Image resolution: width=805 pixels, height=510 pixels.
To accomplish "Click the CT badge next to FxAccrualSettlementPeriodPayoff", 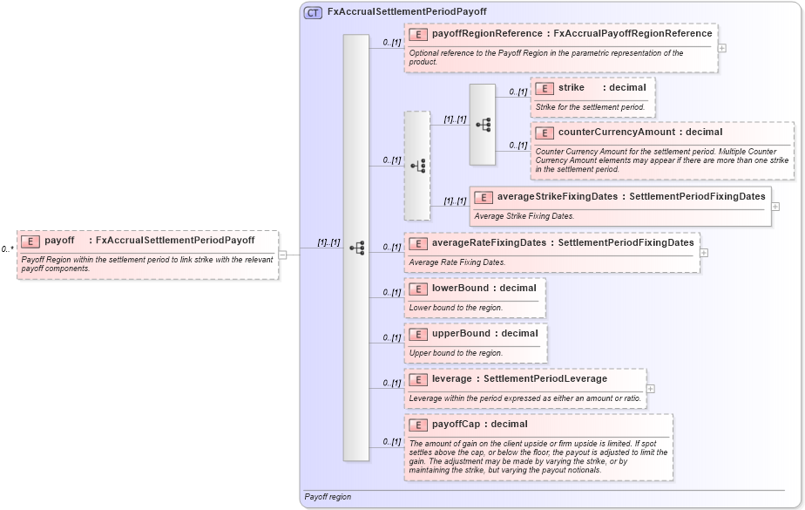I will tap(313, 12).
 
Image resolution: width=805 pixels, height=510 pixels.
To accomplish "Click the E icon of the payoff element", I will tap(30, 241).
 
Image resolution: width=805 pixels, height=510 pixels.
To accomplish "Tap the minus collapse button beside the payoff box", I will tap(283, 255).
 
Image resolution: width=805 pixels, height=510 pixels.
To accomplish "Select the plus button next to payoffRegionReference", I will tap(722, 47).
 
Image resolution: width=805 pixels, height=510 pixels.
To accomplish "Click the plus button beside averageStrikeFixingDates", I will tap(775, 207).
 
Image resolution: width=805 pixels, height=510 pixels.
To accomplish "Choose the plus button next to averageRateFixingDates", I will tap(704, 253).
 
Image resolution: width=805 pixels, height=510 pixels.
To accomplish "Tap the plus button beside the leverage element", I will tap(651, 389).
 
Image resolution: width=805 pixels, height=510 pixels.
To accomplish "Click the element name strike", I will tap(572, 87).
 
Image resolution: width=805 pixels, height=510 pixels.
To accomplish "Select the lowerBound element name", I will tap(460, 288).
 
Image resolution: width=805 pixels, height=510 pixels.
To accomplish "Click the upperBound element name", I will tap(461, 333).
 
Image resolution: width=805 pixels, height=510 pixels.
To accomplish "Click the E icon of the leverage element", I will tap(418, 379).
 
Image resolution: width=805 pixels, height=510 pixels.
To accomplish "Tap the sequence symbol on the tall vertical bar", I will tap(356, 248).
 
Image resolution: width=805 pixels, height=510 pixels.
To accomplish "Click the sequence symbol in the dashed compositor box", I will tap(417, 166).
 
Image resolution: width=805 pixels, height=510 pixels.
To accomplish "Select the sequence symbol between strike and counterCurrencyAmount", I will tap(483, 125).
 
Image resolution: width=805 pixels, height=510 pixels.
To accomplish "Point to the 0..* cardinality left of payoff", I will tap(7, 249).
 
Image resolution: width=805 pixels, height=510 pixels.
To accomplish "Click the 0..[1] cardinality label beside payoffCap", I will tap(390, 442).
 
